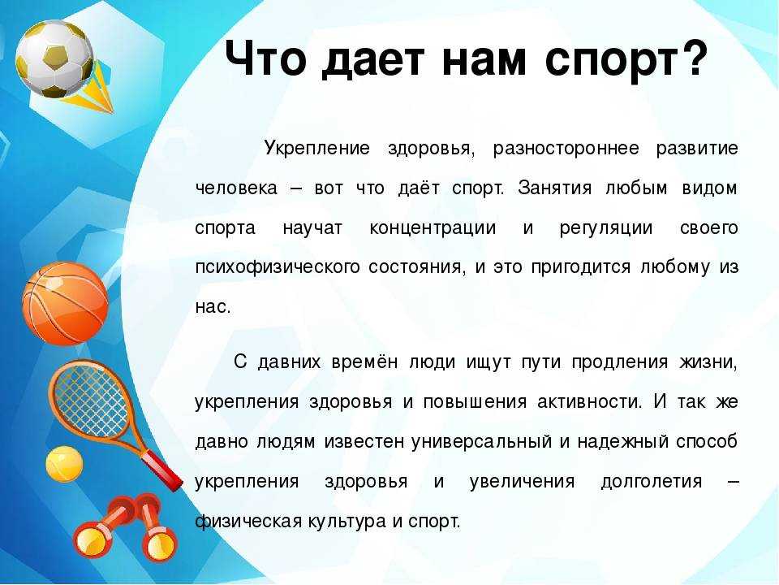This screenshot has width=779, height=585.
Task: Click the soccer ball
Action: [54, 58]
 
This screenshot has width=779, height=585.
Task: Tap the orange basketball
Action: [65, 303]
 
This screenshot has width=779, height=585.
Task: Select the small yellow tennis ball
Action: [64, 464]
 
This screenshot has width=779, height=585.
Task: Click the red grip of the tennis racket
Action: [163, 469]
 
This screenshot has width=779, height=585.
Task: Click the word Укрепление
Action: [317, 148]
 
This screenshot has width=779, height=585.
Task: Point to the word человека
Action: [236, 188]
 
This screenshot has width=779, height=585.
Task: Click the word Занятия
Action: [554, 188]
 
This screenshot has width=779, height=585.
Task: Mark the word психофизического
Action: [278, 267]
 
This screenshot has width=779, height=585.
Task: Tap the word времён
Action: [364, 362]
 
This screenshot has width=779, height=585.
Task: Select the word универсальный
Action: [481, 442]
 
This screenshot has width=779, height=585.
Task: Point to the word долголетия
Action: [652, 482]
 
